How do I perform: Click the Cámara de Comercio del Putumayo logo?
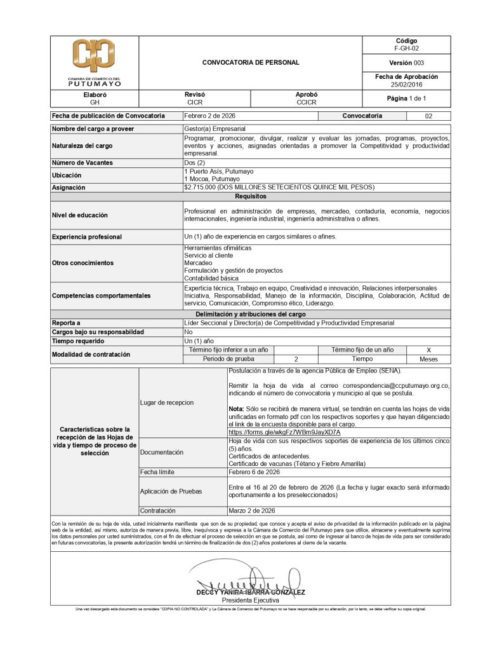point(94,62)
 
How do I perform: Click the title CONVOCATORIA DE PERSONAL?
point(251,63)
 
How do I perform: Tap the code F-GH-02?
point(406,48)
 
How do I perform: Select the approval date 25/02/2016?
point(406,84)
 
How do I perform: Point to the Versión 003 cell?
point(406,63)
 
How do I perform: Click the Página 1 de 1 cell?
point(406,99)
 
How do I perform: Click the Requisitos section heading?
point(251,196)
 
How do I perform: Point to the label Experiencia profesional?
point(86,237)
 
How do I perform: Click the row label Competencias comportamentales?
point(101,296)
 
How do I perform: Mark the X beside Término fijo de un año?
point(428,350)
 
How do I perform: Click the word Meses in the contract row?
point(428,359)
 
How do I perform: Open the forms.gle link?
point(284,432)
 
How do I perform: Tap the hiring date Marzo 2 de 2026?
point(251,511)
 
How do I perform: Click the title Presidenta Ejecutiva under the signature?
point(250,600)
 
